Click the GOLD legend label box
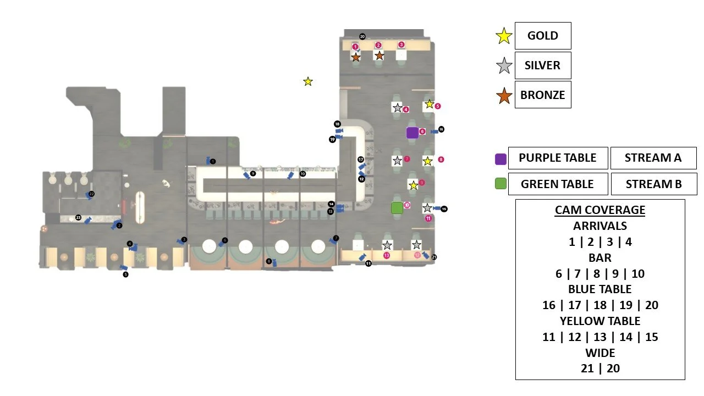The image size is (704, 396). point(542,36)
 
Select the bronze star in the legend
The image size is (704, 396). point(504,95)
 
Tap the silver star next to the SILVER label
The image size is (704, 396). point(504,66)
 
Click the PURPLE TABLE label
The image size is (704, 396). point(558,158)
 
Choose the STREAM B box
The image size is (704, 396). point(653,184)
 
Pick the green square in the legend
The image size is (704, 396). point(501,184)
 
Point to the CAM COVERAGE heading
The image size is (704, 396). point(600,210)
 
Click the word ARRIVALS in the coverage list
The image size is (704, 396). point(600,226)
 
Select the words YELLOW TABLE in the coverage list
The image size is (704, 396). point(600,321)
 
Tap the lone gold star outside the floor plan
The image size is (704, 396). point(308,81)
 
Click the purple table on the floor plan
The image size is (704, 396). point(412,133)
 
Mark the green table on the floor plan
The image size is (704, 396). point(397,208)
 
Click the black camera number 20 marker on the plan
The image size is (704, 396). point(362,36)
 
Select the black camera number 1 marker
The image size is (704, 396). point(213,161)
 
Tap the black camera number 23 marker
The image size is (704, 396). point(78,218)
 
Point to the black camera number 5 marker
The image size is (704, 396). point(125,274)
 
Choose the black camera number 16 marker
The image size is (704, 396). point(441,129)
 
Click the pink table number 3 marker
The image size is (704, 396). point(401,45)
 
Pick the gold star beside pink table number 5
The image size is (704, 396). point(429,104)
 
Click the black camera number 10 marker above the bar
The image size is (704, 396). point(302,174)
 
